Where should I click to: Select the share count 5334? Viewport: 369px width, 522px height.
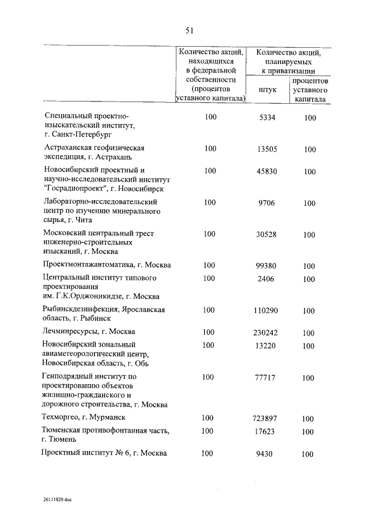[268, 117]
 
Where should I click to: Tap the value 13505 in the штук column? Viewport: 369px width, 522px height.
[268, 149]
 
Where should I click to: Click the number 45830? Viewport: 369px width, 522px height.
[268, 171]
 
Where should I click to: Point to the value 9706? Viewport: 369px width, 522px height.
[268, 203]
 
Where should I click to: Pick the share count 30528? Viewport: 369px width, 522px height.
[268, 234]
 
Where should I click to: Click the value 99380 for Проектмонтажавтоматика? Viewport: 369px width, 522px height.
[268, 266]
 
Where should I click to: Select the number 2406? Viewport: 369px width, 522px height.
[268, 279]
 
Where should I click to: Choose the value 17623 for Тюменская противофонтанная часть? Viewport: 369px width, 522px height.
[268, 431]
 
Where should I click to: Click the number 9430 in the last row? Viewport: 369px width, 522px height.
[268, 454]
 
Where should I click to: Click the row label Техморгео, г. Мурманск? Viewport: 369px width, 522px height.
[84, 417]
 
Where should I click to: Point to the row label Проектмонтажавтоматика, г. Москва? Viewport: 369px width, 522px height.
[107, 265]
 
